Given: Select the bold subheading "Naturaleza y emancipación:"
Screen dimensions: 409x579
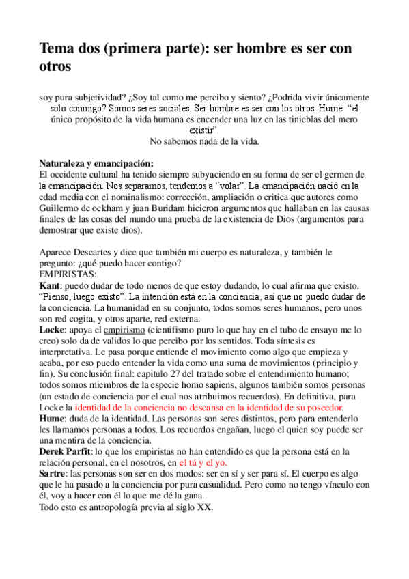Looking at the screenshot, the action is point(96,164).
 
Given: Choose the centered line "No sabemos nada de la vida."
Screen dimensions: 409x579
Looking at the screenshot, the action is point(204,141).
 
